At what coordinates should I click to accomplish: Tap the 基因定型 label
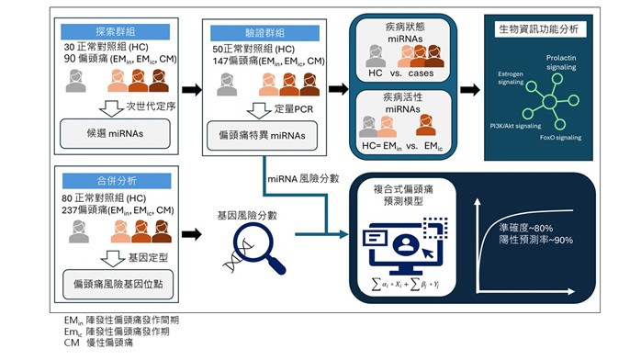pos(128,250)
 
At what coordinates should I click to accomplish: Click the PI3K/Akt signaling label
pos(515,125)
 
